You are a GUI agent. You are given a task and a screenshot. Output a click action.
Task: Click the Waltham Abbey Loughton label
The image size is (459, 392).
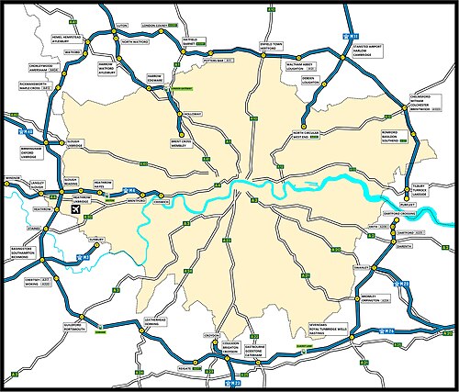point(299,63)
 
